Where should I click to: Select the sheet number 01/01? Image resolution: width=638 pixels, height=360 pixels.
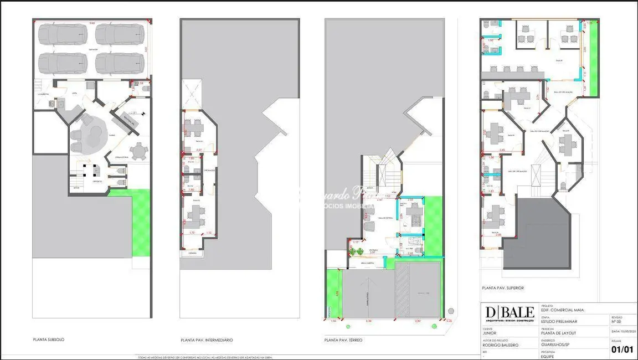[621, 349]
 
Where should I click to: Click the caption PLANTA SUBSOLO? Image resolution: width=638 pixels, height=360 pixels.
[49, 340]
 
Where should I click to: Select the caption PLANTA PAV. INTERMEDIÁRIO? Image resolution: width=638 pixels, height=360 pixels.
[207, 340]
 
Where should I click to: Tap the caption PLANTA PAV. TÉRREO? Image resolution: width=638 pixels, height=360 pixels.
[343, 340]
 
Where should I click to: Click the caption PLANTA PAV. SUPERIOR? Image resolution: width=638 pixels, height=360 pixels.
[502, 288]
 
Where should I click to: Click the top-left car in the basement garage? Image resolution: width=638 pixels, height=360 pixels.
[63, 34]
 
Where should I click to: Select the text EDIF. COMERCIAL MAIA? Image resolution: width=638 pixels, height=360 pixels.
[562, 310]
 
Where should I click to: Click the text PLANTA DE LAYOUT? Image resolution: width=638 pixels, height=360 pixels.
[558, 332]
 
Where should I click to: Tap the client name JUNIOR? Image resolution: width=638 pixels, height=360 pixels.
[489, 332]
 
